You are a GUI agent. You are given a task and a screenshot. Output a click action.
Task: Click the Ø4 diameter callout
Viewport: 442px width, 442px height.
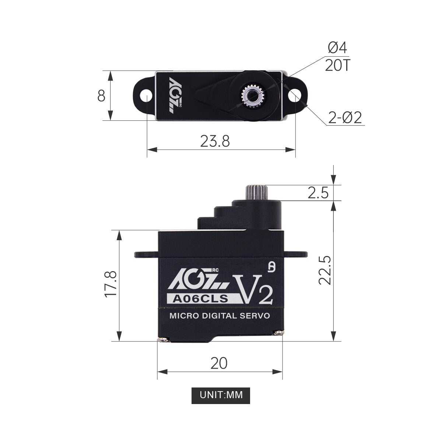337,48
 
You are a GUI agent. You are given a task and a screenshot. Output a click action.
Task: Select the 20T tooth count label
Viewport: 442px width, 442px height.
337,66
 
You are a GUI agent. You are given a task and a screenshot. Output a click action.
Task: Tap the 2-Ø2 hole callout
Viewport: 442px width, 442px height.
345,117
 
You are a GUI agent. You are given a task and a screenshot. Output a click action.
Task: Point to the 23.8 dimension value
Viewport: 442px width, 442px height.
215,141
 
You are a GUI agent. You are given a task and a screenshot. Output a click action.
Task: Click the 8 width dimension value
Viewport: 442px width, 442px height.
101,95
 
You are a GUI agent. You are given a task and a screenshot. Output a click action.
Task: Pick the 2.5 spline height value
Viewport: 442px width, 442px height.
318,193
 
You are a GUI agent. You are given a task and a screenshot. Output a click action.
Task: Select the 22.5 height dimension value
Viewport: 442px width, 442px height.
325,270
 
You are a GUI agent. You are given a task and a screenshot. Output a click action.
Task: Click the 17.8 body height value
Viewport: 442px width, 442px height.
110,284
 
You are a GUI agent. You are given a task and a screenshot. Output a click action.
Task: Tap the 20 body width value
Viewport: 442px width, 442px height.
219,363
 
